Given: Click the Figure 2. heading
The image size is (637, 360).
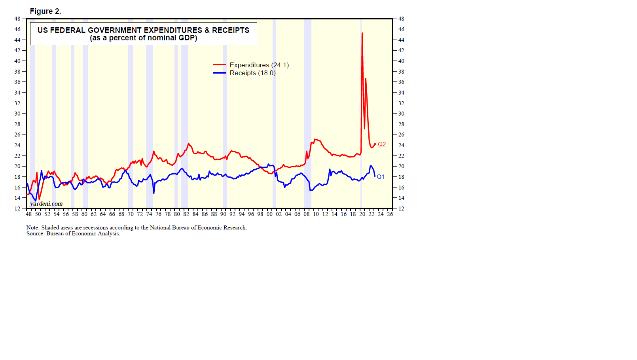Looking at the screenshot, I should [x=45, y=11].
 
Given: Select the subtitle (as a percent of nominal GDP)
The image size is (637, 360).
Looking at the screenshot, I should [x=143, y=38].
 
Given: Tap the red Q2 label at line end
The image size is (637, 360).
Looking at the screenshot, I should [x=382, y=144].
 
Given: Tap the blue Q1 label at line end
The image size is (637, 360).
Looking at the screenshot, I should [x=381, y=177].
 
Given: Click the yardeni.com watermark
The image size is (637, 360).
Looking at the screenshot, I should [x=46, y=204].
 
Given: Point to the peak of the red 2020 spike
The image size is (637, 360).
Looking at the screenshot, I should [x=362, y=33].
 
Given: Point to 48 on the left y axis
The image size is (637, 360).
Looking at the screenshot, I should [x=17, y=19].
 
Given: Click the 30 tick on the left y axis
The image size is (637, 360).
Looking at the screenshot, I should [x=17, y=114].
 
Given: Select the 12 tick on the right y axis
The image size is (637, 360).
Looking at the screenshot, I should [x=401, y=208].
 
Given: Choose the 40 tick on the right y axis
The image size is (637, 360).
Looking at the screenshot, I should [x=401, y=61].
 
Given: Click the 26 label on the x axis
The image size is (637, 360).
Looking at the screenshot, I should [x=390, y=214].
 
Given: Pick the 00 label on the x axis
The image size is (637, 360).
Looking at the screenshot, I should [x=269, y=214].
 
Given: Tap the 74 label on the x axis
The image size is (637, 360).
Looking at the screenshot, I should [x=149, y=214].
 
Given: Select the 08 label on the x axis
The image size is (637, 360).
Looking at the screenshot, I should [x=307, y=214].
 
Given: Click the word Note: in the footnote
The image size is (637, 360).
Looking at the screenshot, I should [x=33, y=227].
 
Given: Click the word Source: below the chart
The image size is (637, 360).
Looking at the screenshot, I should [x=36, y=233].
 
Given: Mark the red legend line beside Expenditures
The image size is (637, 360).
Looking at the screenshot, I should [x=220, y=65].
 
